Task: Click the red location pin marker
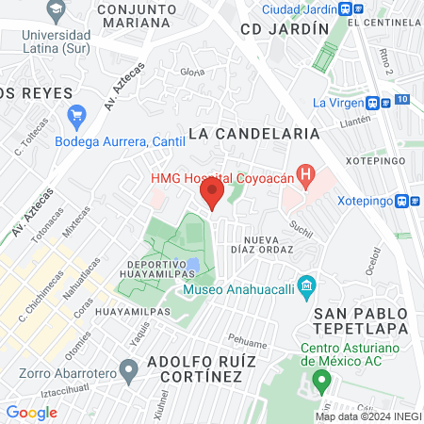(212, 194)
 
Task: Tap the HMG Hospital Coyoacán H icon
(305, 174)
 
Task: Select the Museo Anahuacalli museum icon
(305, 285)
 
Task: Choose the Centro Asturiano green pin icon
(321, 382)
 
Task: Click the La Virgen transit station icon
(374, 103)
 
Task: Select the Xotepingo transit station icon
(403, 201)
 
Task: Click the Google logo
(31, 413)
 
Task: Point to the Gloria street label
(192, 72)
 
